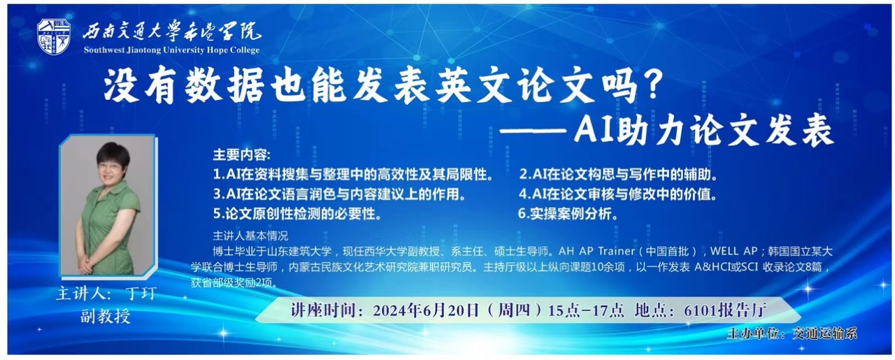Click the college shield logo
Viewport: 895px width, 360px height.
pyautogui.click(x=54, y=36)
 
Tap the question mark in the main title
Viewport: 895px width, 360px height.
pyautogui.click(x=652, y=85)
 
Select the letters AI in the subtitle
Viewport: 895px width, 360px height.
pyautogui.click(x=593, y=130)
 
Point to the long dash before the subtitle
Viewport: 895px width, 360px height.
pyautogui.click(x=533, y=131)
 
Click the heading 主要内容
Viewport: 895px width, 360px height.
pyautogui.click(x=241, y=154)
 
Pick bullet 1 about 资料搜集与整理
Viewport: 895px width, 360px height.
pyautogui.click(x=353, y=174)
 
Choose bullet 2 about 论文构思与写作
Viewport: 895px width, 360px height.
pyautogui.click(x=619, y=174)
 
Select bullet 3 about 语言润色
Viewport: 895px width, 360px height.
pyautogui.click(x=340, y=194)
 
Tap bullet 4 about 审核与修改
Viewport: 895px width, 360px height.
pyautogui.click(x=617, y=194)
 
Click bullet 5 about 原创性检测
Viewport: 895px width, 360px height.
pyautogui.click(x=297, y=214)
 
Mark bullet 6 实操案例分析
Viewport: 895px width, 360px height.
pyautogui.click(x=568, y=214)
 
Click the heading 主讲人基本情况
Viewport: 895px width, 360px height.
pyautogui.click(x=250, y=236)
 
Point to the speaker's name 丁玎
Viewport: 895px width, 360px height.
pyautogui.click(x=141, y=294)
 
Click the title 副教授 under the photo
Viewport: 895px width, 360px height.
pyautogui.click(x=106, y=316)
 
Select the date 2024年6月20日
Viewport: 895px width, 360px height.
pyautogui.click(x=426, y=310)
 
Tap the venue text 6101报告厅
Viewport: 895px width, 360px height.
pyautogui.click(x=725, y=310)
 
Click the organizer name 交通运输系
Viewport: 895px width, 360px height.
pyautogui.click(x=824, y=333)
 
